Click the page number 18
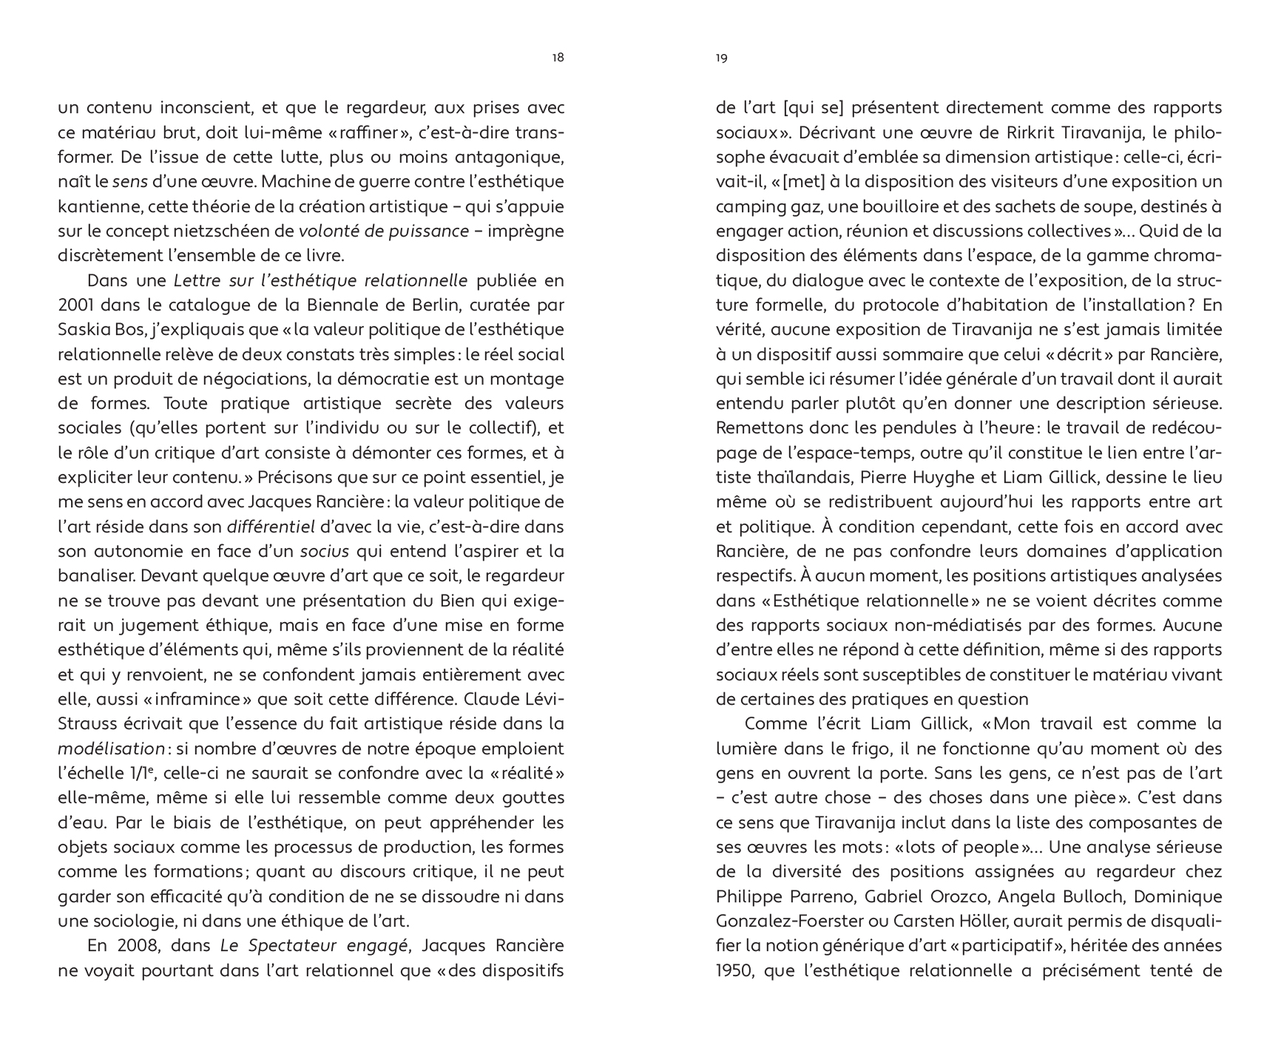coord(558,58)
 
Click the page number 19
coord(722,58)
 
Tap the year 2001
coord(75,305)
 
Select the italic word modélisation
coord(110,749)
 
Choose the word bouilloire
coord(873,206)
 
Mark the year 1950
coord(734,970)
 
